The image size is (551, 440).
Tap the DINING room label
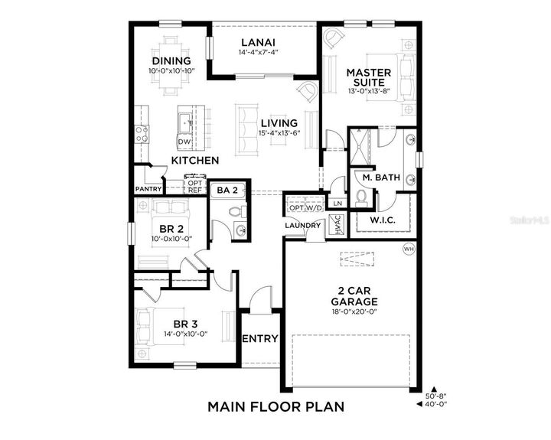click(171, 61)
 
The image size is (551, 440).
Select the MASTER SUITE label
click(368, 77)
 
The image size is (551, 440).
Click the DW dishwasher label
click(184, 142)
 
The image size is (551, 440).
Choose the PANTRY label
click(148, 188)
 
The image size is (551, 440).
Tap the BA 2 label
click(229, 189)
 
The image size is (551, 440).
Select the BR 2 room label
click(171, 229)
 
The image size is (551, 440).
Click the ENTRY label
click(259, 339)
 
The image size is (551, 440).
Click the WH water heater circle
click(409, 249)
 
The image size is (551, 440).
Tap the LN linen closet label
click(337, 203)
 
